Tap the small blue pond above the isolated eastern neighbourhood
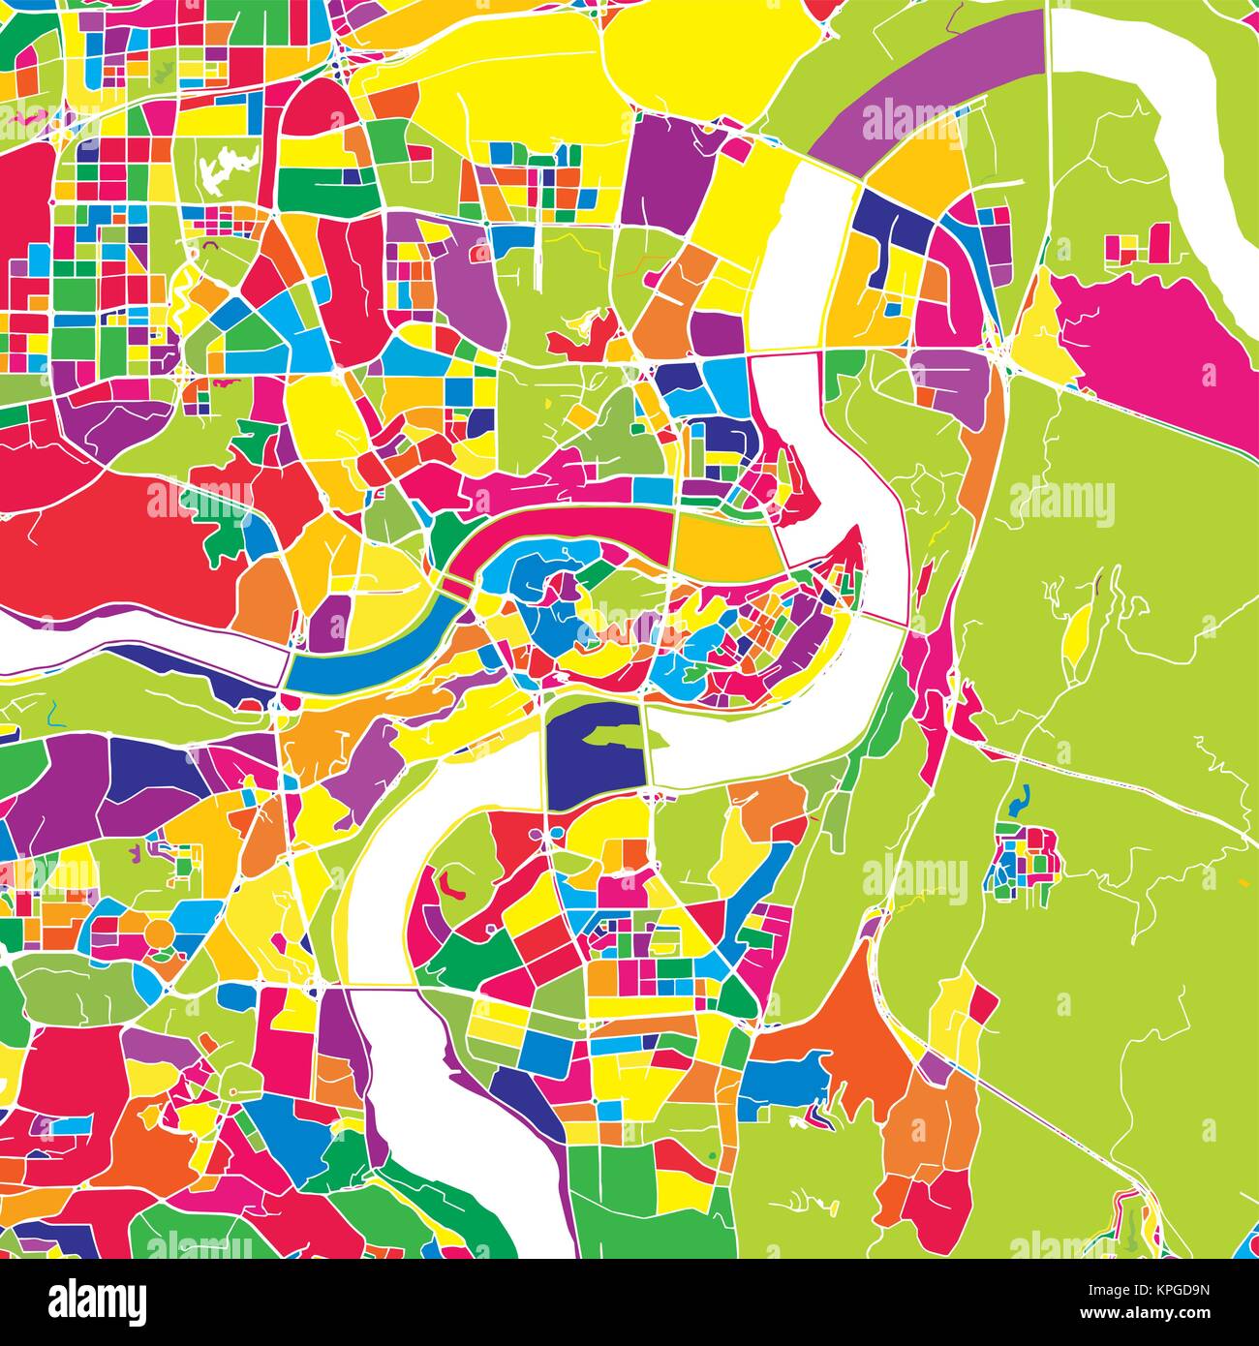pos(1016,802)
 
